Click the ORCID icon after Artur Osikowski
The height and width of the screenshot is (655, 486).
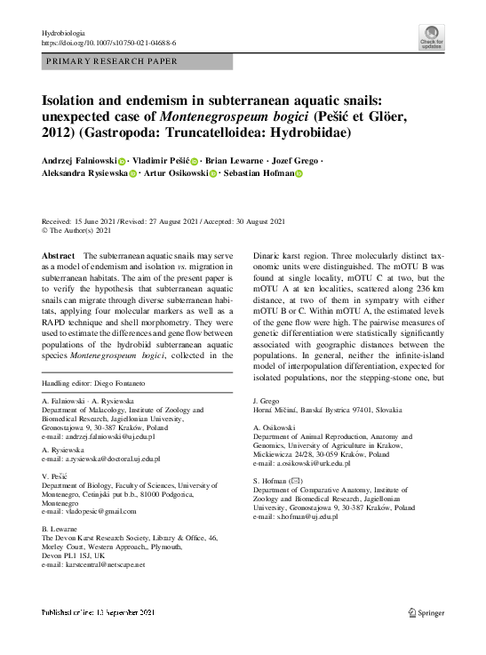(x=213, y=175)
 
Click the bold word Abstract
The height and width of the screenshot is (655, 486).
(x=59, y=255)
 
